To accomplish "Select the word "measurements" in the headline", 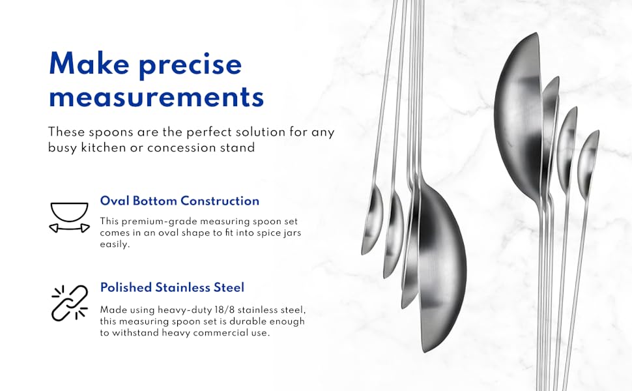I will [156, 97].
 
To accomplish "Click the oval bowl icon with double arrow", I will [69, 217].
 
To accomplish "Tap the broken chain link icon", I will [69, 302].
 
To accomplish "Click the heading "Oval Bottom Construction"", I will [179, 201].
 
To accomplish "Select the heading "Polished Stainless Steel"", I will [172, 287].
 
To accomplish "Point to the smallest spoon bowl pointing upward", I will [588, 156].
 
